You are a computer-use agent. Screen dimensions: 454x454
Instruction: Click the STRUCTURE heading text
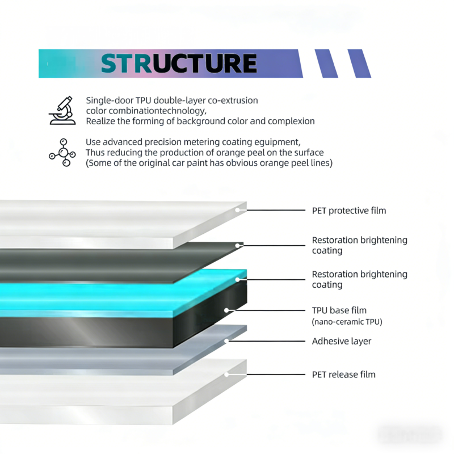[x=179, y=64]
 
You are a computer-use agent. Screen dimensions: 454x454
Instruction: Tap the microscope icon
[x=62, y=110]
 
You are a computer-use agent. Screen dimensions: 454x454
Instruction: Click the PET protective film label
[x=348, y=211]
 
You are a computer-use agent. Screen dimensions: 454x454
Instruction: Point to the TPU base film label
[x=339, y=310]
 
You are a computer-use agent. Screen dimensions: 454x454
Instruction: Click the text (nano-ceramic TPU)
[x=347, y=322]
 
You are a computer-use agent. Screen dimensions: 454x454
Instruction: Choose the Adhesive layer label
[x=341, y=341]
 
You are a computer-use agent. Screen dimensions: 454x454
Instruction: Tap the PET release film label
[x=343, y=375]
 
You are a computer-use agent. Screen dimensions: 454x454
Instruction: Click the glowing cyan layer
[x=113, y=295]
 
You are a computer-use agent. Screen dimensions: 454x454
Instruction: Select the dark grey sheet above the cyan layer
[x=113, y=264]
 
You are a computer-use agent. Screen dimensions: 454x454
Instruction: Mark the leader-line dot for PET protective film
[x=238, y=210]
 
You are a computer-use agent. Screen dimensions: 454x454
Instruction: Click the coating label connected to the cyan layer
[x=359, y=279]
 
